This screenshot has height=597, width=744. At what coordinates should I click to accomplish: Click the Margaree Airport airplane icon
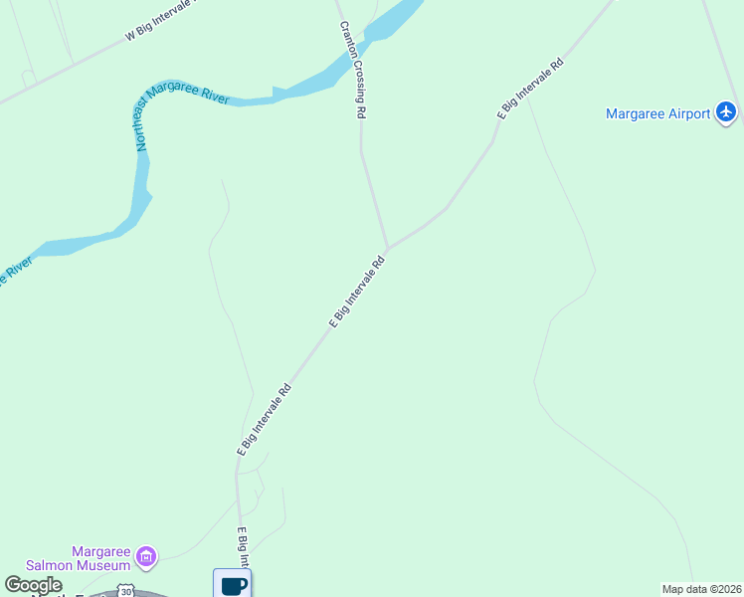click(x=726, y=112)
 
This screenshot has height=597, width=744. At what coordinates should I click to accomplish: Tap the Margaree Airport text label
click(x=658, y=113)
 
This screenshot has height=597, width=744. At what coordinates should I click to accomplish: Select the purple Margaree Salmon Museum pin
click(x=146, y=555)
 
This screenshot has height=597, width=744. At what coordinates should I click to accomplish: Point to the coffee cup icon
click(x=233, y=584)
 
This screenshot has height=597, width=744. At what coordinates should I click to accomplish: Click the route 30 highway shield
click(x=126, y=591)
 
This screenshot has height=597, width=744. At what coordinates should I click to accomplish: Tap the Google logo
click(x=33, y=585)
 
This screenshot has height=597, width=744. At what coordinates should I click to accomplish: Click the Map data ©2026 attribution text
click(x=701, y=589)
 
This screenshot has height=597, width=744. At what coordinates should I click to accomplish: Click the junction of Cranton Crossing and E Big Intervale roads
click(x=388, y=249)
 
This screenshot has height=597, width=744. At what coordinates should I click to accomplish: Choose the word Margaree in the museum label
click(x=101, y=552)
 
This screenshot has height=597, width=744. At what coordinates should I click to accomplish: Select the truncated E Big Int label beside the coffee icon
click(x=242, y=547)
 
